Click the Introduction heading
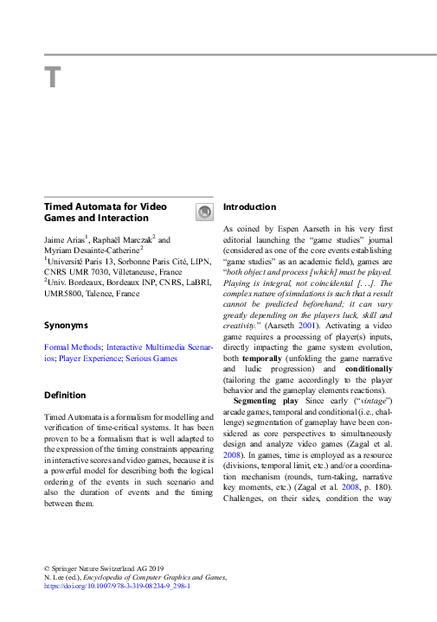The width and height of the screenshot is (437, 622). pyautogui.click(x=250, y=207)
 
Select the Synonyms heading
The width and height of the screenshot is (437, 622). pyautogui.click(x=66, y=326)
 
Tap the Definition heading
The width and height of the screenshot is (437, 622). pyautogui.click(x=65, y=395)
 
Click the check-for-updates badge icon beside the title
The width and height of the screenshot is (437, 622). pyautogui.click(x=203, y=212)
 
